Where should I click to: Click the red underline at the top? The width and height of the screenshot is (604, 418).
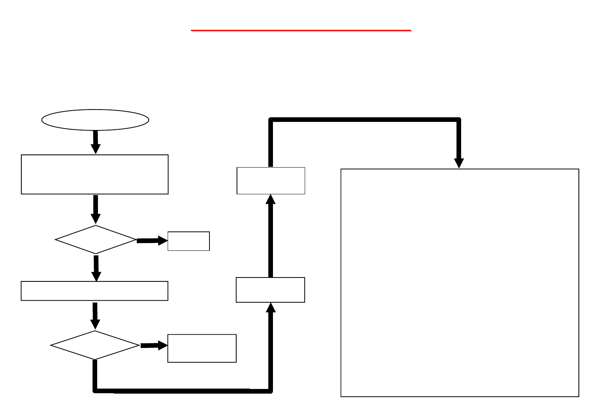301,30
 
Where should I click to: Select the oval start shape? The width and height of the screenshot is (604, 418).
95,120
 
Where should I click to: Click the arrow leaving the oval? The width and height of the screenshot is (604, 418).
95,142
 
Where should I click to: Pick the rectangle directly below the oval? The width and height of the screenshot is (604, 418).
95,174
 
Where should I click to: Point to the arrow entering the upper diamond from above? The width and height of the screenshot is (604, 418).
95,209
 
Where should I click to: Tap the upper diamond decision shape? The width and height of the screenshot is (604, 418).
96,240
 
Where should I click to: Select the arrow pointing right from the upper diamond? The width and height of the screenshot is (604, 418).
152,241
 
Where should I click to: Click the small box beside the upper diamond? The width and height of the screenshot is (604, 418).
189,241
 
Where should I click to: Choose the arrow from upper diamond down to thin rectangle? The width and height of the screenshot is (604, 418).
96,267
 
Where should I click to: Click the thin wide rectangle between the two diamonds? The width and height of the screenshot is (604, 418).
94,291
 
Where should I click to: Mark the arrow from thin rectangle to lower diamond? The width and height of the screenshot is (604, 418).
95,315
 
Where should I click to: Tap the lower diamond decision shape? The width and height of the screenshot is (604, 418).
95,345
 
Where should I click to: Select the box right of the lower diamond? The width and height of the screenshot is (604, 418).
202,348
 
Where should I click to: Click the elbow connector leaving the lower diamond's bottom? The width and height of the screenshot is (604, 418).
182,391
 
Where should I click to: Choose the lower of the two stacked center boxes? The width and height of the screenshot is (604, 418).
270,290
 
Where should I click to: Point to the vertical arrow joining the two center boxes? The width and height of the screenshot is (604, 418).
271,236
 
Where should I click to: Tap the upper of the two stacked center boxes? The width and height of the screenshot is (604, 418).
271,180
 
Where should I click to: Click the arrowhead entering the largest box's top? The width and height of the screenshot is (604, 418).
459,163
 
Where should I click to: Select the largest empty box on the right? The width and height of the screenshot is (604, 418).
460,283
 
